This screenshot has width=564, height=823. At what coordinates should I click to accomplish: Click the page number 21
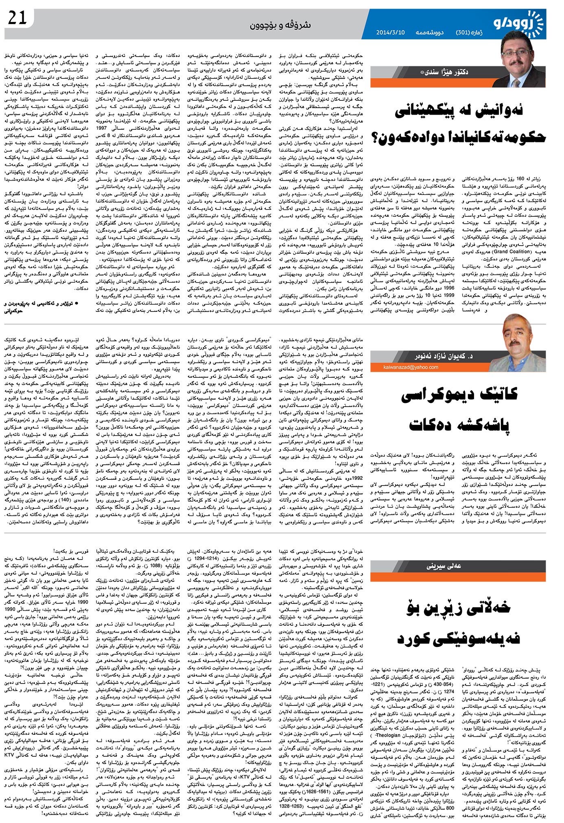point(17,17)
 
